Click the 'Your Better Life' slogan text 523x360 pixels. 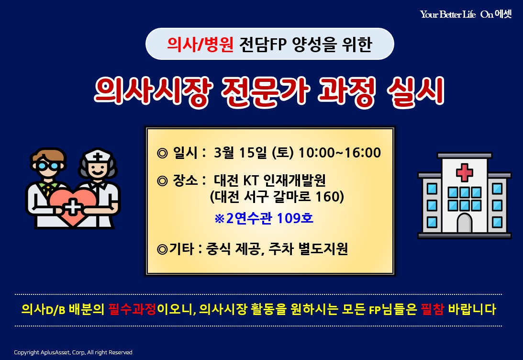tap(447, 14)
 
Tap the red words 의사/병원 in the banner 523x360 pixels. tap(200, 44)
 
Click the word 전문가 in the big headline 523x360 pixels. tap(266, 91)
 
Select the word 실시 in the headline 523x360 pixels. tap(416, 91)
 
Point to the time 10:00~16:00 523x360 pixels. tap(340, 153)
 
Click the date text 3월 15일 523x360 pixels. tap(241, 153)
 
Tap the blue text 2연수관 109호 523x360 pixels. tap(269, 218)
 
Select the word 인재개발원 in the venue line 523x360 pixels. tap(294, 180)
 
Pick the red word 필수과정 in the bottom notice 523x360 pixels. tap(133, 309)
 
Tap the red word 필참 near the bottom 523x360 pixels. tap(432, 309)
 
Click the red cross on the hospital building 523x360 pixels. tap(464, 172)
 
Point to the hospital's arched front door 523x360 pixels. tap(464, 223)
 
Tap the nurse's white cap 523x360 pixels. tap(98, 156)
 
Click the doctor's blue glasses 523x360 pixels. tap(48, 166)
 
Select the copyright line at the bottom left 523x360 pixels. tap(73, 352)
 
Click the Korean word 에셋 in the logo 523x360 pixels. tap(503, 14)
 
